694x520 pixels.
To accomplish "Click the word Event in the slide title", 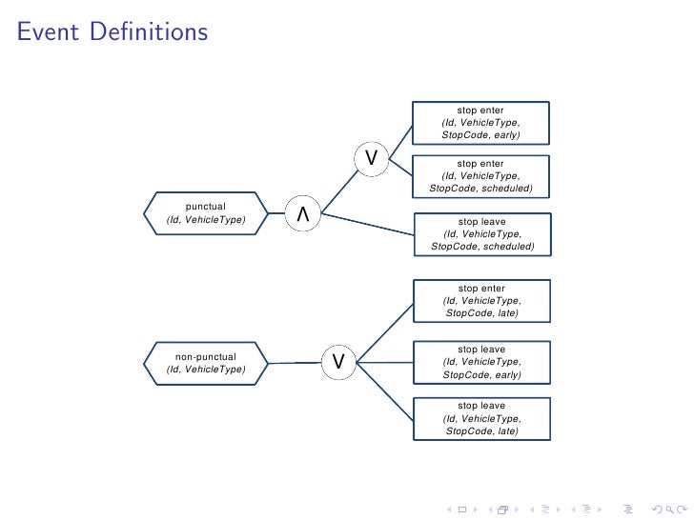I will click(x=48, y=32).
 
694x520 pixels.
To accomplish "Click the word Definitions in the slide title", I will click(x=149, y=32).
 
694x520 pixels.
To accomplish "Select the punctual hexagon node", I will click(x=206, y=213).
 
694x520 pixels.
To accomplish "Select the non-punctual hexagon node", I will click(x=206, y=363).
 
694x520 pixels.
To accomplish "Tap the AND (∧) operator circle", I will click(x=303, y=215).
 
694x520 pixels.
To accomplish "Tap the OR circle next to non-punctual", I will click(x=338, y=361).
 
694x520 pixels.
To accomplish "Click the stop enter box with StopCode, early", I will click(x=480, y=123).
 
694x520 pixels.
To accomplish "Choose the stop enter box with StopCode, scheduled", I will click(x=480, y=175).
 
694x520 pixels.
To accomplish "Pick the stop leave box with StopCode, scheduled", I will click(x=481, y=234).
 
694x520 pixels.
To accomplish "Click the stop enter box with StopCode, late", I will click(x=481, y=301).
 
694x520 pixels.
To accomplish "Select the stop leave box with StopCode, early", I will click(x=481, y=362).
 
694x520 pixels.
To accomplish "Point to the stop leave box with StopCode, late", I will click(x=481, y=419).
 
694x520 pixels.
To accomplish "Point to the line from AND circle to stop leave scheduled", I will click(x=367, y=225).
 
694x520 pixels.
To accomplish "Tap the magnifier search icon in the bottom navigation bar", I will click(x=664, y=509).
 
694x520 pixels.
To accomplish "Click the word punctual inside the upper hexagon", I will click(x=206, y=206).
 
